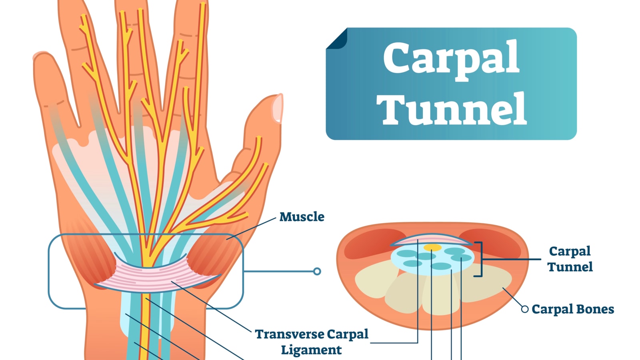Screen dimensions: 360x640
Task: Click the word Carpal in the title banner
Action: point(451,59)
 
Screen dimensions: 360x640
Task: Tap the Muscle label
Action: point(302,217)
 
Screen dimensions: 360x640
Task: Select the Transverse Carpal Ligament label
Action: point(312,342)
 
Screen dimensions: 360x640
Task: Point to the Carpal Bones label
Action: point(572,309)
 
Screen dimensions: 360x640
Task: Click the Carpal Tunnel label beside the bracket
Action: point(570,259)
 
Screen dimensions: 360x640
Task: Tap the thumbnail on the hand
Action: point(277,108)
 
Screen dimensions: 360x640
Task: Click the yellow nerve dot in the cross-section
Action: point(432,248)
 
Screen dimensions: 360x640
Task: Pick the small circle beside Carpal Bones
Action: point(525,309)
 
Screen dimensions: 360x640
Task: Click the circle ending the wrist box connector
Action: point(317,271)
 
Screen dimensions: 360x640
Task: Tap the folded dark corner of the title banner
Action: point(337,39)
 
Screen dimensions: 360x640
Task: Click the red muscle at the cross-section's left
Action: point(366,242)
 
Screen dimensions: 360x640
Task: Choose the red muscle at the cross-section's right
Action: point(498,242)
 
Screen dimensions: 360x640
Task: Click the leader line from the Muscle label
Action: point(252,228)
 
